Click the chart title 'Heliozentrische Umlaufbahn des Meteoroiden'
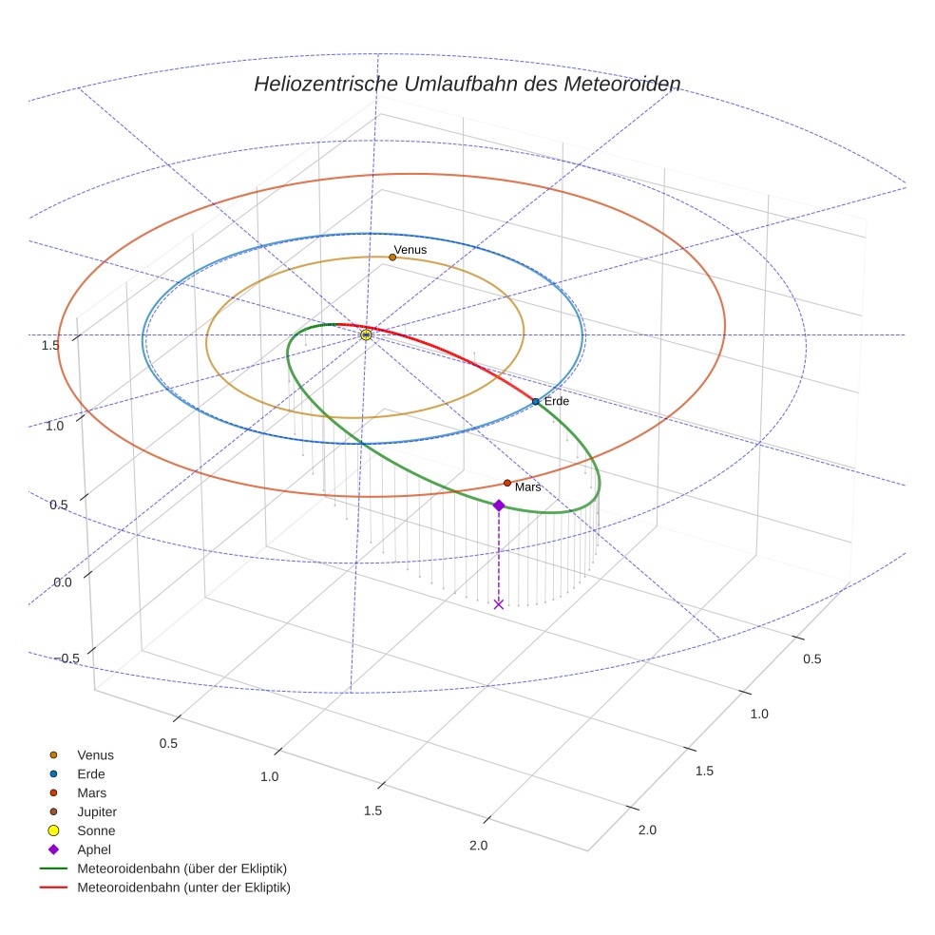point(467,84)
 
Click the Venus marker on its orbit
point(392,257)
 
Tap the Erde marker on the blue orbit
point(536,402)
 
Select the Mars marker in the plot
point(507,483)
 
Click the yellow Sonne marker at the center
point(367,334)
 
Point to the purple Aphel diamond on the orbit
point(499,506)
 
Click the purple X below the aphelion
point(499,604)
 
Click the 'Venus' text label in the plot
point(410,250)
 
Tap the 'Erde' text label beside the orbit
point(557,402)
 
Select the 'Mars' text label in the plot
point(528,487)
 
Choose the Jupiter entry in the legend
point(97,811)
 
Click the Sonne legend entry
point(96,830)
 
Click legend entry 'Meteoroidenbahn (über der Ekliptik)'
point(182,868)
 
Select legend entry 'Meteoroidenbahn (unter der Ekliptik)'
point(183,887)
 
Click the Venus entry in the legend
point(95,754)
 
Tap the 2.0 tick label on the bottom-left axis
point(478,846)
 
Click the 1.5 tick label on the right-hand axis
point(704,771)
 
